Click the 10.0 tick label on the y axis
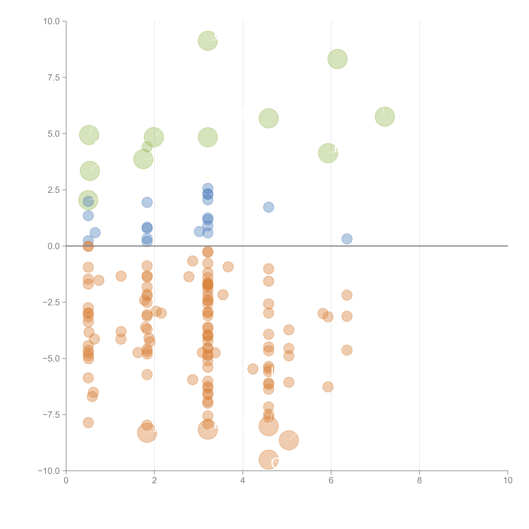pyautogui.click(x=52, y=21)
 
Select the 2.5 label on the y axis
pyautogui.click(x=54, y=190)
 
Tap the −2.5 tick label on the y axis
pyautogui.click(x=52, y=302)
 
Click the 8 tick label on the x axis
pyautogui.click(x=419, y=481)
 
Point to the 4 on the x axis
pyautogui.click(x=243, y=481)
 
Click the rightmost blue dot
pyautogui.click(x=347, y=239)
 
